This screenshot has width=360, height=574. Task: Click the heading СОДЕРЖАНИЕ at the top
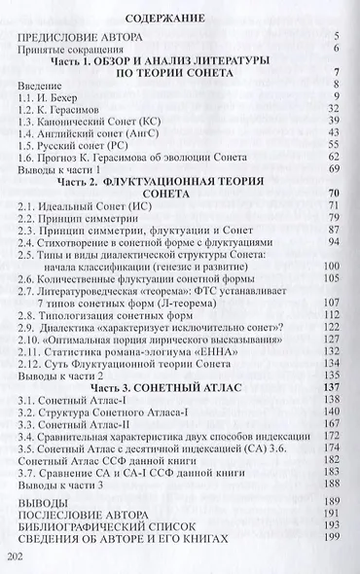coord(176,18)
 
